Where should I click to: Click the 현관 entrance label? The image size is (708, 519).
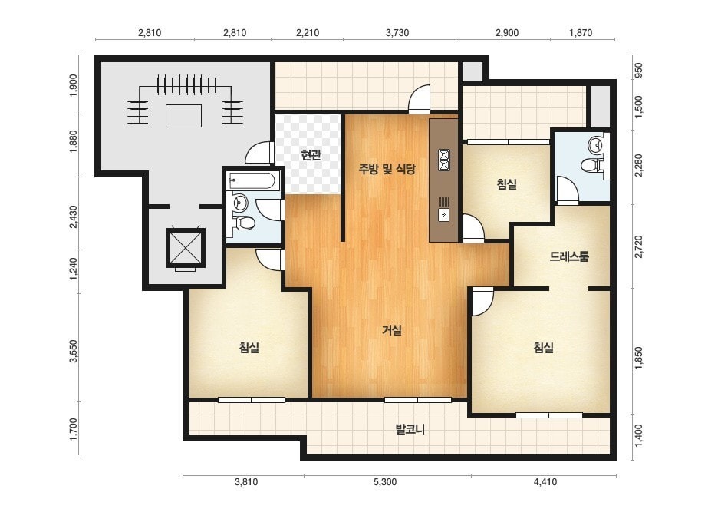[x=311, y=155]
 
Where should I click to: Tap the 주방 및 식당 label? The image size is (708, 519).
[x=387, y=169]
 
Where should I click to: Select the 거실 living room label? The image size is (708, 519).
[x=391, y=330]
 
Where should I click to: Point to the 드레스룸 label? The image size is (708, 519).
[x=569, y=256]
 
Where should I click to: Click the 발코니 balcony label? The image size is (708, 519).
[x=410, y=428]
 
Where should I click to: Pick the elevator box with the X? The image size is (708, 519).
[x=186, y=248]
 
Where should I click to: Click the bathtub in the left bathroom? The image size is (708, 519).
[x=252, y=181]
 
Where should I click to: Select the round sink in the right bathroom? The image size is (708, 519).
[x=595, y=144]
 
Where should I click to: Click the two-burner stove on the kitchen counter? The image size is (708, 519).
[x=444, y=160]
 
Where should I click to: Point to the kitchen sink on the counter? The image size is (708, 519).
[x=444, y=210]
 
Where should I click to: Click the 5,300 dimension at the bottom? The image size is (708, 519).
[x=385, y=482]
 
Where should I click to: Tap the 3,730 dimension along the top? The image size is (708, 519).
[x=397, y=32]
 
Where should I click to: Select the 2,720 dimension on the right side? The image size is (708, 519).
[x=638, y=246]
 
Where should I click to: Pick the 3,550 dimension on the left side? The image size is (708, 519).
[x=74, y=352]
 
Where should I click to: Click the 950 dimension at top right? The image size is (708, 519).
[x=638, y=71]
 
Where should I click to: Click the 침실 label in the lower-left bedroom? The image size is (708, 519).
[x=249, y=347]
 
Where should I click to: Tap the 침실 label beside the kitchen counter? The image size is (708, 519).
[x=506, y=184]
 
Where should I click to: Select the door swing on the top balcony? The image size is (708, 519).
[x=419, y=98]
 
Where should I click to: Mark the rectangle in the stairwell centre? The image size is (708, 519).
[x=183, y=116]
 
